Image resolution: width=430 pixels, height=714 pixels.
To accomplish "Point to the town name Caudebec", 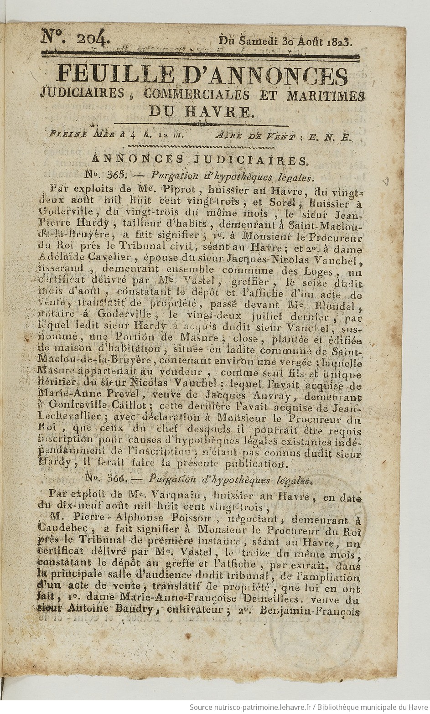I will click(66, 530).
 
